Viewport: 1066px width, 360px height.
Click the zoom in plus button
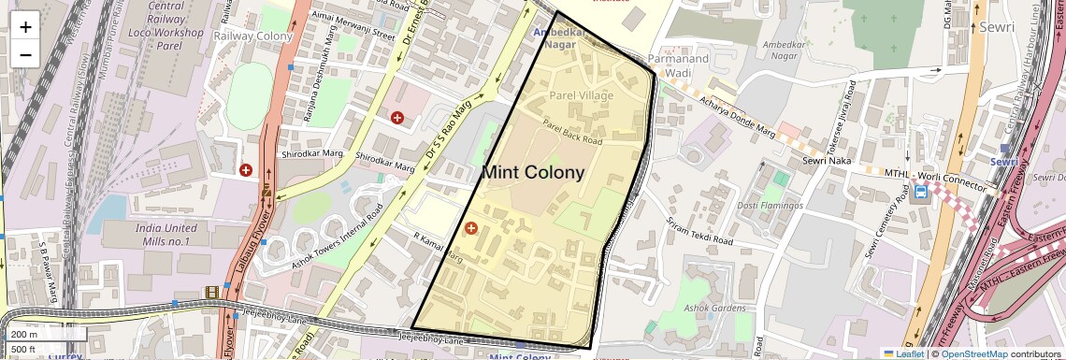(x=25, y=26)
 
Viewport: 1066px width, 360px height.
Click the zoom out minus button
(x=25, y=54)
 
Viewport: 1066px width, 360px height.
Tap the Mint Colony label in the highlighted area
(x=532, y=172)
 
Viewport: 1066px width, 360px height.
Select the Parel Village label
(x=581, y=96)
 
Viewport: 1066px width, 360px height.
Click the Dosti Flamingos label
(x=771, y=205)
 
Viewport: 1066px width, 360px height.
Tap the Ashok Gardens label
(x=713, y=309)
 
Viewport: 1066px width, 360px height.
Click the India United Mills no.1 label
(x=153, y=235)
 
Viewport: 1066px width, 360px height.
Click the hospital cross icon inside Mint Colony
(x=470, y=228)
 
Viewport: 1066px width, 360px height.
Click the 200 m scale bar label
(x=25, y=334)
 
